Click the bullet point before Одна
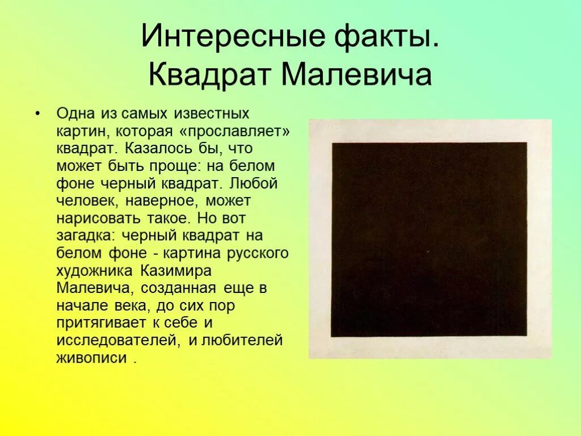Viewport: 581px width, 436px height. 37,114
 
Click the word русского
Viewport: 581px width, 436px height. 258,253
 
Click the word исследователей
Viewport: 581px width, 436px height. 115,341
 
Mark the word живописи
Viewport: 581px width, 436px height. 91,358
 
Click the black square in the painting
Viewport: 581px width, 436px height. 430,240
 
